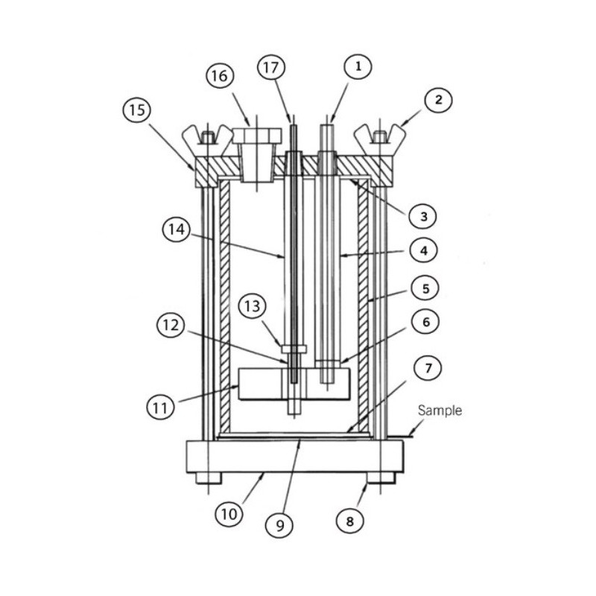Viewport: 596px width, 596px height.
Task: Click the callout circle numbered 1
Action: (358, 68)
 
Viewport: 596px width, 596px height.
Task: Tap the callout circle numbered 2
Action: (439, 99)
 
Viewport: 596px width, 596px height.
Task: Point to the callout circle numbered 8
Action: (349, 521)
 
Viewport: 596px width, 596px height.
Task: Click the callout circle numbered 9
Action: (280, 525)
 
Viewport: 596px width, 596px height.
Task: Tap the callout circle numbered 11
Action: (160, 407)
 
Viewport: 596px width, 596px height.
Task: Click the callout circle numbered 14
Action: (176, 230)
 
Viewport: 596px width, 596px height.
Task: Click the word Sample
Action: (440, 410)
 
